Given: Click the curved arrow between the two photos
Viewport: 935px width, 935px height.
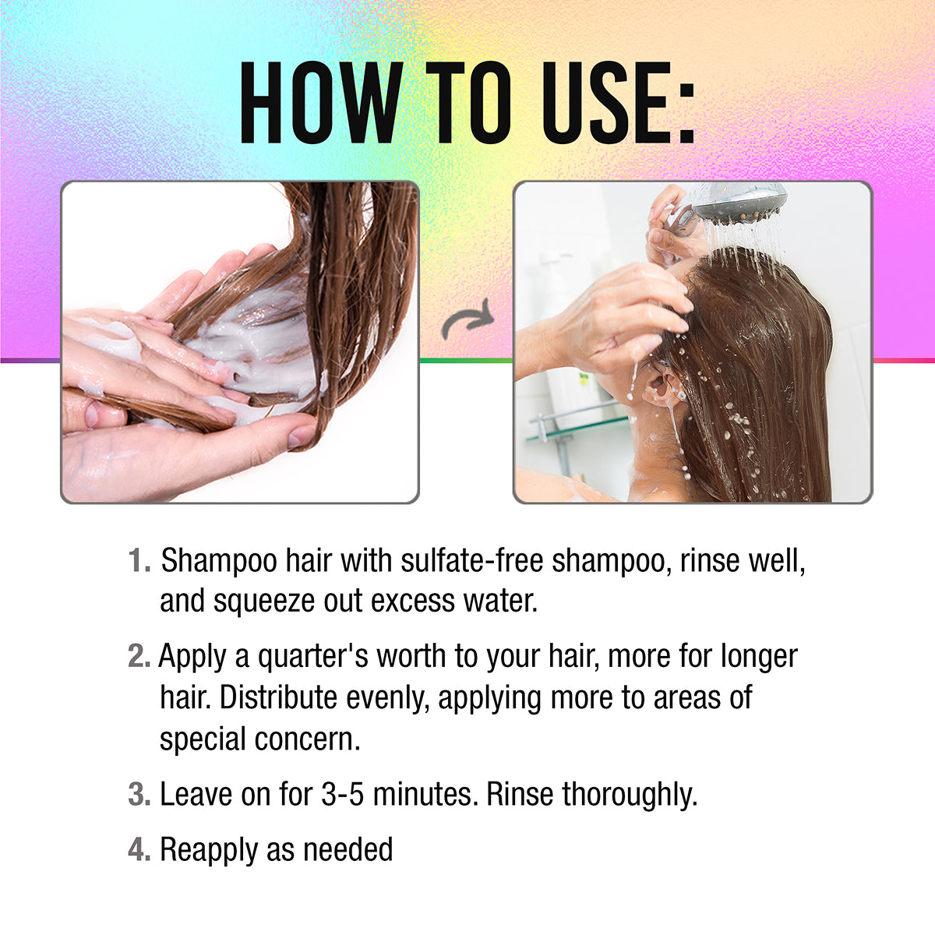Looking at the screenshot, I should (467, 319).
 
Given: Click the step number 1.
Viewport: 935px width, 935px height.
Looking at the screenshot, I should (139, 561).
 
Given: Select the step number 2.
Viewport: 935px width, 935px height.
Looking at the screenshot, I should (139, 657).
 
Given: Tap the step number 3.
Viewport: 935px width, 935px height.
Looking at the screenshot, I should (139, 795).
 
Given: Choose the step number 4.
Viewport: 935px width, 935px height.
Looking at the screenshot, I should (139, 849).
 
